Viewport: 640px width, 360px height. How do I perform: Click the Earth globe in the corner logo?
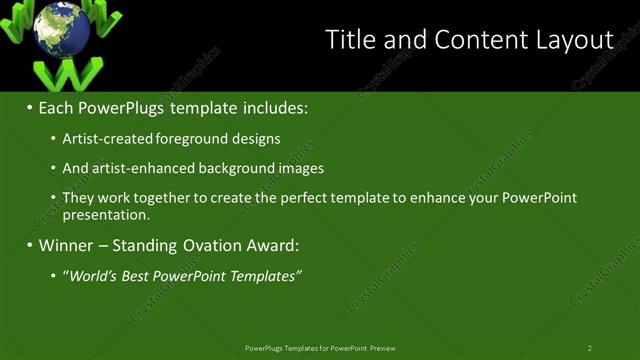point(62,29)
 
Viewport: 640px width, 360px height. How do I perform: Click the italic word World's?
point(93,275)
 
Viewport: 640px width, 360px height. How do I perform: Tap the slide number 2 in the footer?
point(589,348)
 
